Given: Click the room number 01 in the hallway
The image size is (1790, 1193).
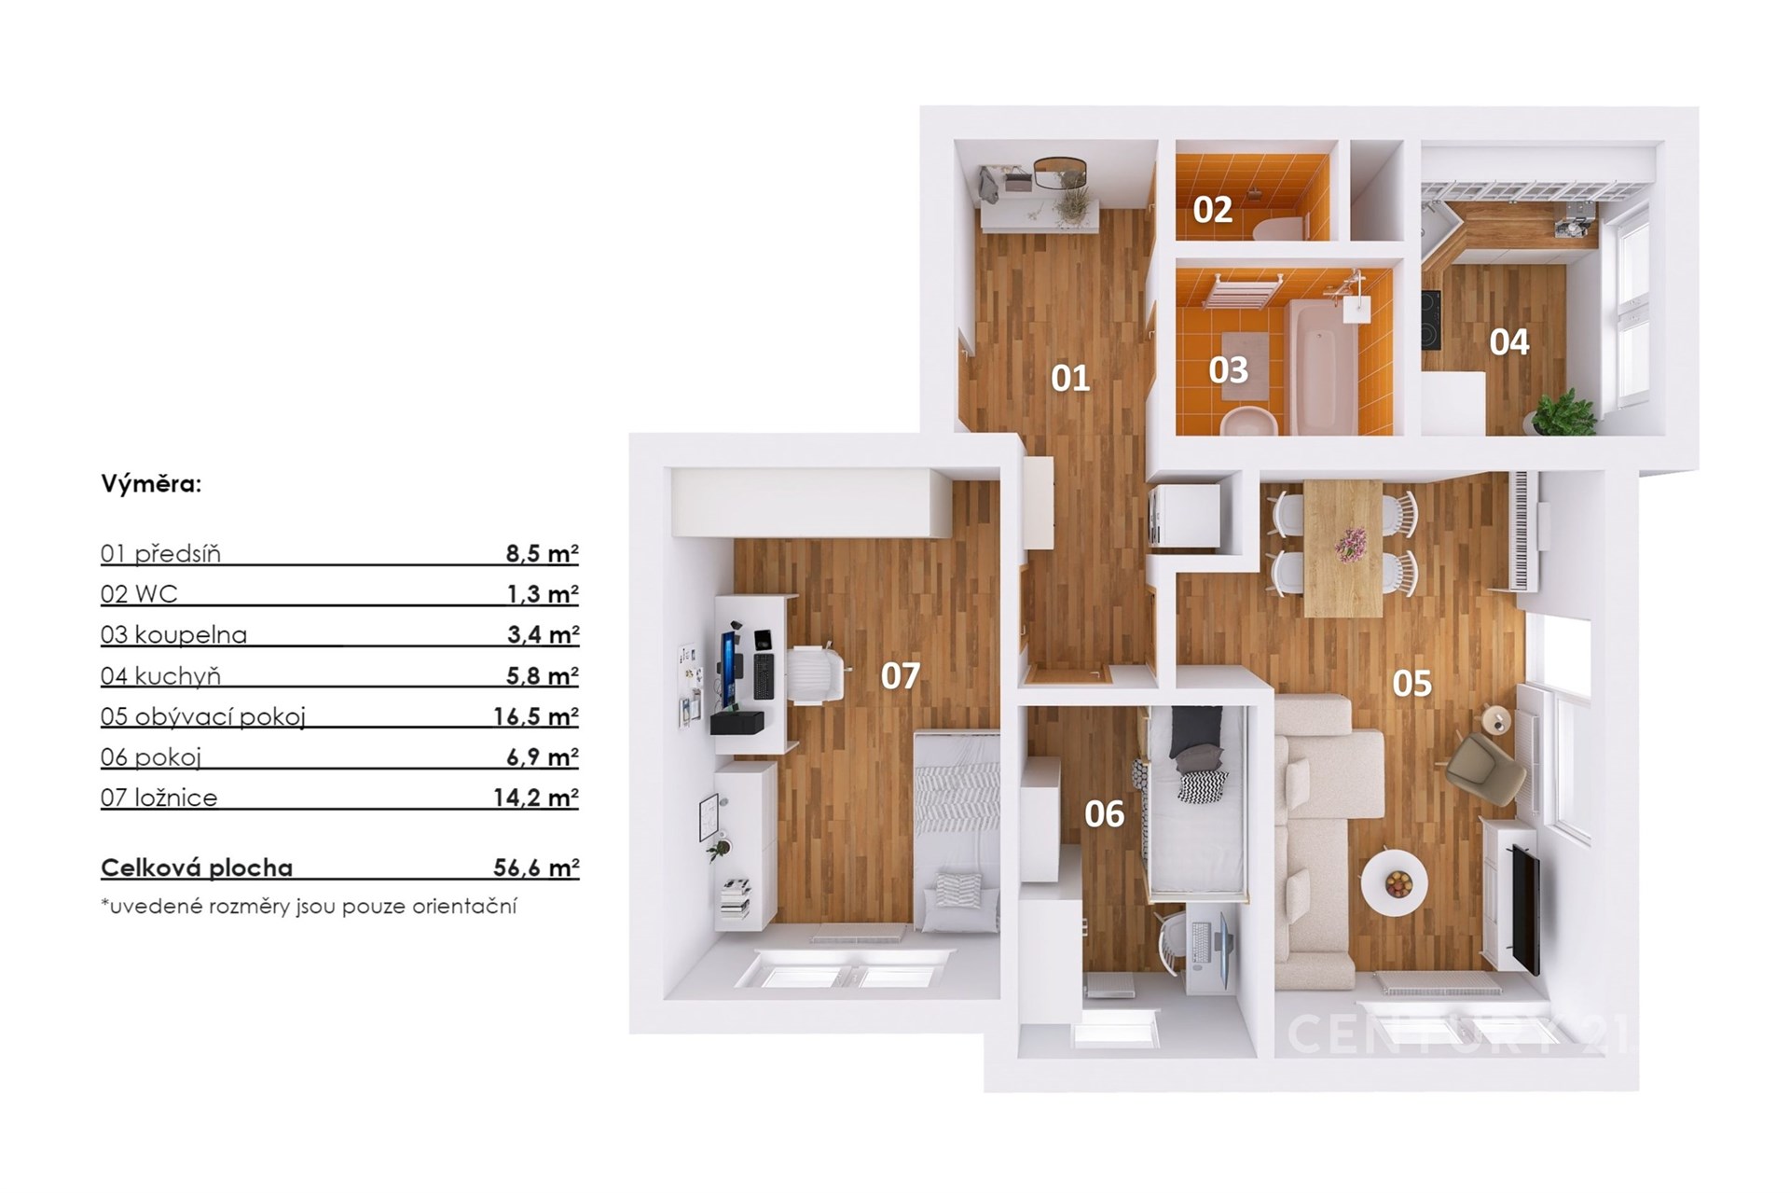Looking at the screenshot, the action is point(1070,378).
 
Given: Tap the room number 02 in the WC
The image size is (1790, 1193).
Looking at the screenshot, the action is point(1212,209).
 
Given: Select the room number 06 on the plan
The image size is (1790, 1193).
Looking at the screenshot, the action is point(1104,814).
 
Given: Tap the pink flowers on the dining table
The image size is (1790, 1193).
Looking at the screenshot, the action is point(1350,544).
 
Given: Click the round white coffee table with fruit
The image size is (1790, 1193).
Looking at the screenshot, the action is point(1394,881).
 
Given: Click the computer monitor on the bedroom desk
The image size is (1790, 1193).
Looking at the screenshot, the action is point(725,671).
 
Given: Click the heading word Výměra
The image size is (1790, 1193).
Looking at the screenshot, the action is point(151,484).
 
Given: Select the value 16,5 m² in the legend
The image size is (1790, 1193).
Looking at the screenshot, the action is point(536,716).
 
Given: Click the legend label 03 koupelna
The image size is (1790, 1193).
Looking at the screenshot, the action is point(174,635).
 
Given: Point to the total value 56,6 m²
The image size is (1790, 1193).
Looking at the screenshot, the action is point(536,867).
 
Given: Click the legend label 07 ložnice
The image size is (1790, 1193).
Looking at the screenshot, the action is point(159,798).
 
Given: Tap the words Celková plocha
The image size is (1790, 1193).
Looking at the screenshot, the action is point(197,868).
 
